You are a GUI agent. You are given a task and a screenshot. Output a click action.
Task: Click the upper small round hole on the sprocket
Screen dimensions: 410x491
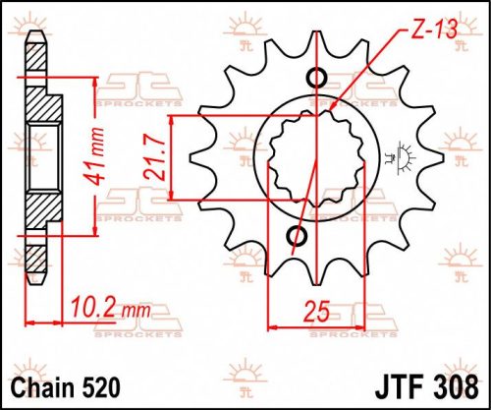click(x=316, y=80)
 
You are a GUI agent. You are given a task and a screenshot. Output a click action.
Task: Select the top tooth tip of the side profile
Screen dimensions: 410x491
click(x=35, y=37)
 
